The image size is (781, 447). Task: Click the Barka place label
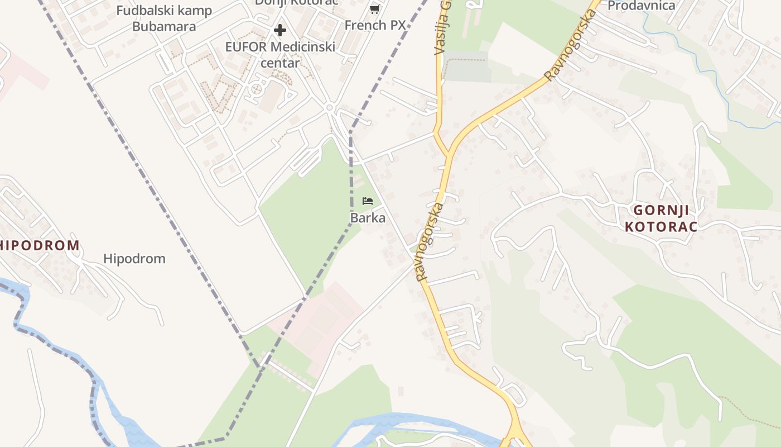pos(368,217)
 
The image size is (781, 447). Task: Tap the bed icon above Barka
pos(368,201)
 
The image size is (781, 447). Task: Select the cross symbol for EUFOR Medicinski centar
pos(280,30)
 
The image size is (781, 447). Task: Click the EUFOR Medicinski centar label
pos(280,54)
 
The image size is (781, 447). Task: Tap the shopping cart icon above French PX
pos(375,9)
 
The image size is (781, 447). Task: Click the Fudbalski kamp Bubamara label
pos(164,18)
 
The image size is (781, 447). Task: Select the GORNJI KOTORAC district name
pos(661,218)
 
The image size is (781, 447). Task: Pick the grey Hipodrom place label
pos(134,259)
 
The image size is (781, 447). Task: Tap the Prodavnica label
pos(641,6)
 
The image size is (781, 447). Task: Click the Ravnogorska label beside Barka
pos(430,241)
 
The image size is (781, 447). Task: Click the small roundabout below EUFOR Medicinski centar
pos(329,107)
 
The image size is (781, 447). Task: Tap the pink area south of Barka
pos(324,318)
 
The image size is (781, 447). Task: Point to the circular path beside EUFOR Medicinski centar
pos(257,89)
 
